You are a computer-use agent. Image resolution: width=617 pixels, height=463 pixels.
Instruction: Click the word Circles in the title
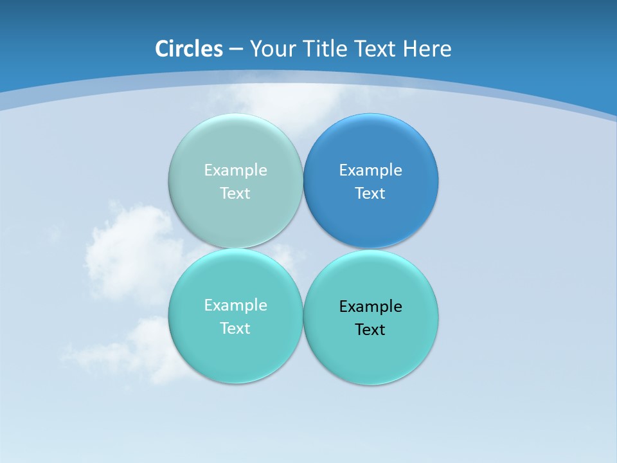coord(189,49)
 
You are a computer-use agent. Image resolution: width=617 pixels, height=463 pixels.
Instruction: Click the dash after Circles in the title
coord(236,50)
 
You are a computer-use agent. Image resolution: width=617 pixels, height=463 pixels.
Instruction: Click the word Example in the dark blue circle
coord(370,170)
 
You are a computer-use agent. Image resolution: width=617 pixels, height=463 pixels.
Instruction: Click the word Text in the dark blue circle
coord(370,194)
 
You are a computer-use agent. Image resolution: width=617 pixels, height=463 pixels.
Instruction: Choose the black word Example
coord(370,307)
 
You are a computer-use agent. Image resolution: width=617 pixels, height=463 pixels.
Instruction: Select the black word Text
coord(370,330)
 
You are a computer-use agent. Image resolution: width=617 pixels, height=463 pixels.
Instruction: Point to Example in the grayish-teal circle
coord(235,170)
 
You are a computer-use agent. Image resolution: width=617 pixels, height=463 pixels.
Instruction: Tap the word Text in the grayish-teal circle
coord(235,194)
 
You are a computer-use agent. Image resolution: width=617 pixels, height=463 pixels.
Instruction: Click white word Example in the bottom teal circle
coord(235,305)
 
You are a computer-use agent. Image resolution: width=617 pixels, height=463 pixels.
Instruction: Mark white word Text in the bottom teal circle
coord(235,329)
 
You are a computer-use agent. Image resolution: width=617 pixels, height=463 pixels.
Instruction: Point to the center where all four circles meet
coord(303,249)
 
